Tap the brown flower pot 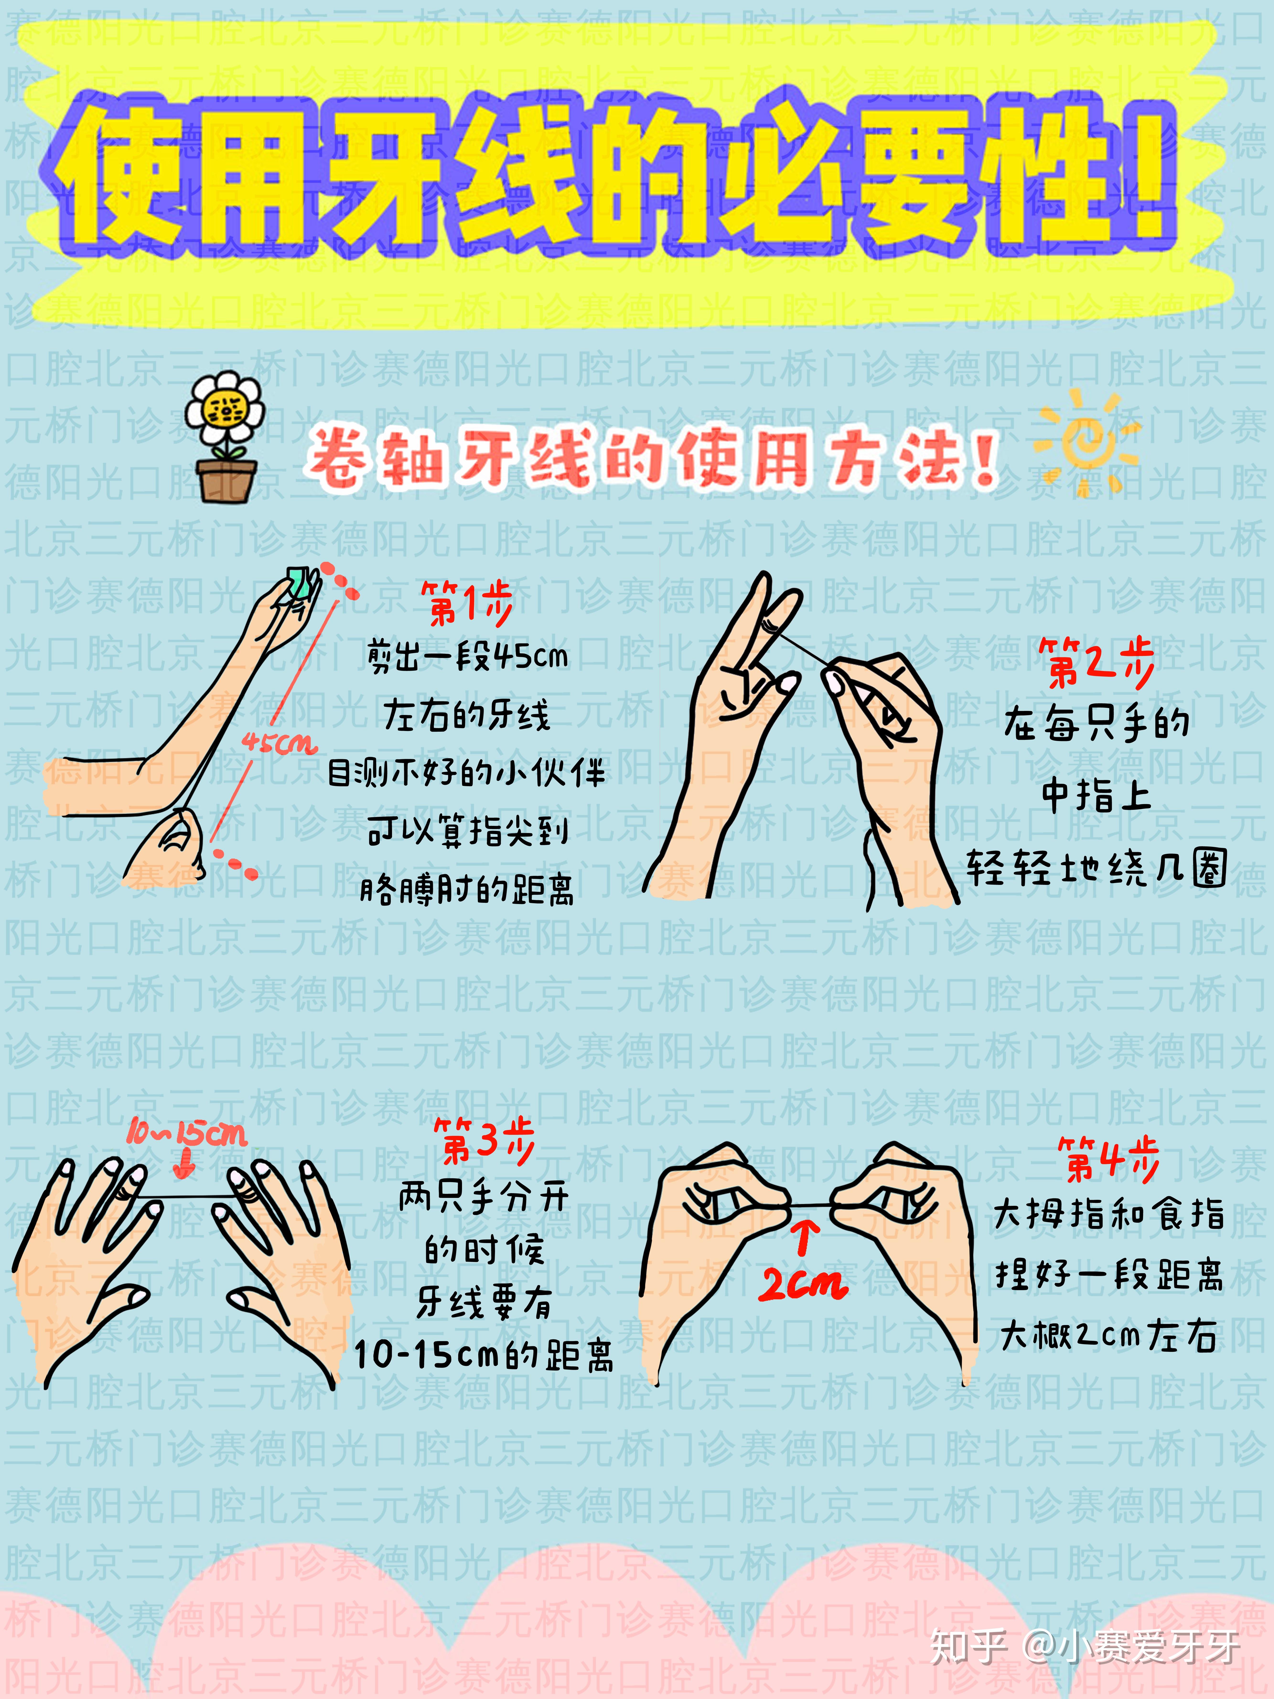225,478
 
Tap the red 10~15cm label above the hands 187,1133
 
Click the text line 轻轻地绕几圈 1096,869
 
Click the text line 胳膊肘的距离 467,889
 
